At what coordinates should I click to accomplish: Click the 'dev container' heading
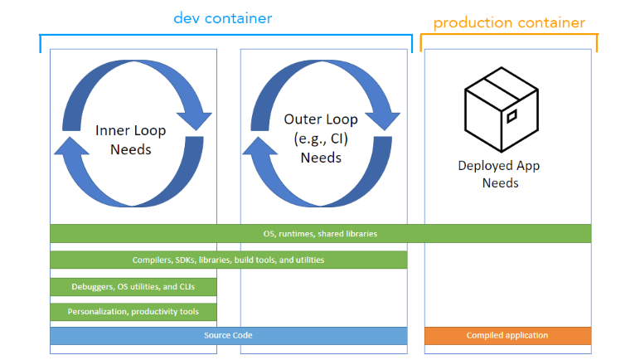223,18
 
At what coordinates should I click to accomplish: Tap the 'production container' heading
509,23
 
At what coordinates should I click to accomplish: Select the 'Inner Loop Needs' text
131,139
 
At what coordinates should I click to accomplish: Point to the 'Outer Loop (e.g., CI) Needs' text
321,139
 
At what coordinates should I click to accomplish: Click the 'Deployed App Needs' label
499,174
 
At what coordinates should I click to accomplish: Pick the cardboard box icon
502,109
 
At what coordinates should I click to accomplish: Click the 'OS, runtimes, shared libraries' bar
320,233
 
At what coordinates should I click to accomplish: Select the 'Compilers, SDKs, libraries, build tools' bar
229,260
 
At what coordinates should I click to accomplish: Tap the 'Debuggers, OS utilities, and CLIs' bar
133,287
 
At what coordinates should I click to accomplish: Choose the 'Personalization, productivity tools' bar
133,312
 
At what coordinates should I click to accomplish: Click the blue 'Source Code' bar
229,335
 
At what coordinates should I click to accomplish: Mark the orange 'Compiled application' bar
507,335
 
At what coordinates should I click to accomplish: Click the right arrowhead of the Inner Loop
194,120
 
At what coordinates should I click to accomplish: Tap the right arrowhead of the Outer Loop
382,120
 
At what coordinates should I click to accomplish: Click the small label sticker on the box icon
512,116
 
